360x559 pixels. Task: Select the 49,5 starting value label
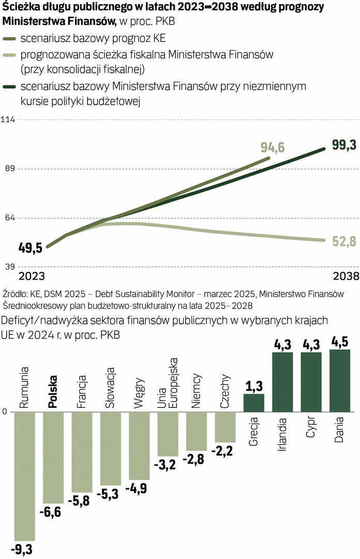coord(31,247)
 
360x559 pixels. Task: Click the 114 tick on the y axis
coord(9,120)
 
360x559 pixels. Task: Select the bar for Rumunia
coord(24,476)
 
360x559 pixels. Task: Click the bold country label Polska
coord(52,393)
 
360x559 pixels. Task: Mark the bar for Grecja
coord(253,403)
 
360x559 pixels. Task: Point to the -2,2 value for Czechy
coord(224,451)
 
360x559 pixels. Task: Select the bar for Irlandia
coord(282,382)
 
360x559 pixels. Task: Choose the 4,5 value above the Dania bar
coord(340,342)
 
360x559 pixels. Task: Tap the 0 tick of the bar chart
coord(5,412)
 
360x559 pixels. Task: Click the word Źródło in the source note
coord(16,294)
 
